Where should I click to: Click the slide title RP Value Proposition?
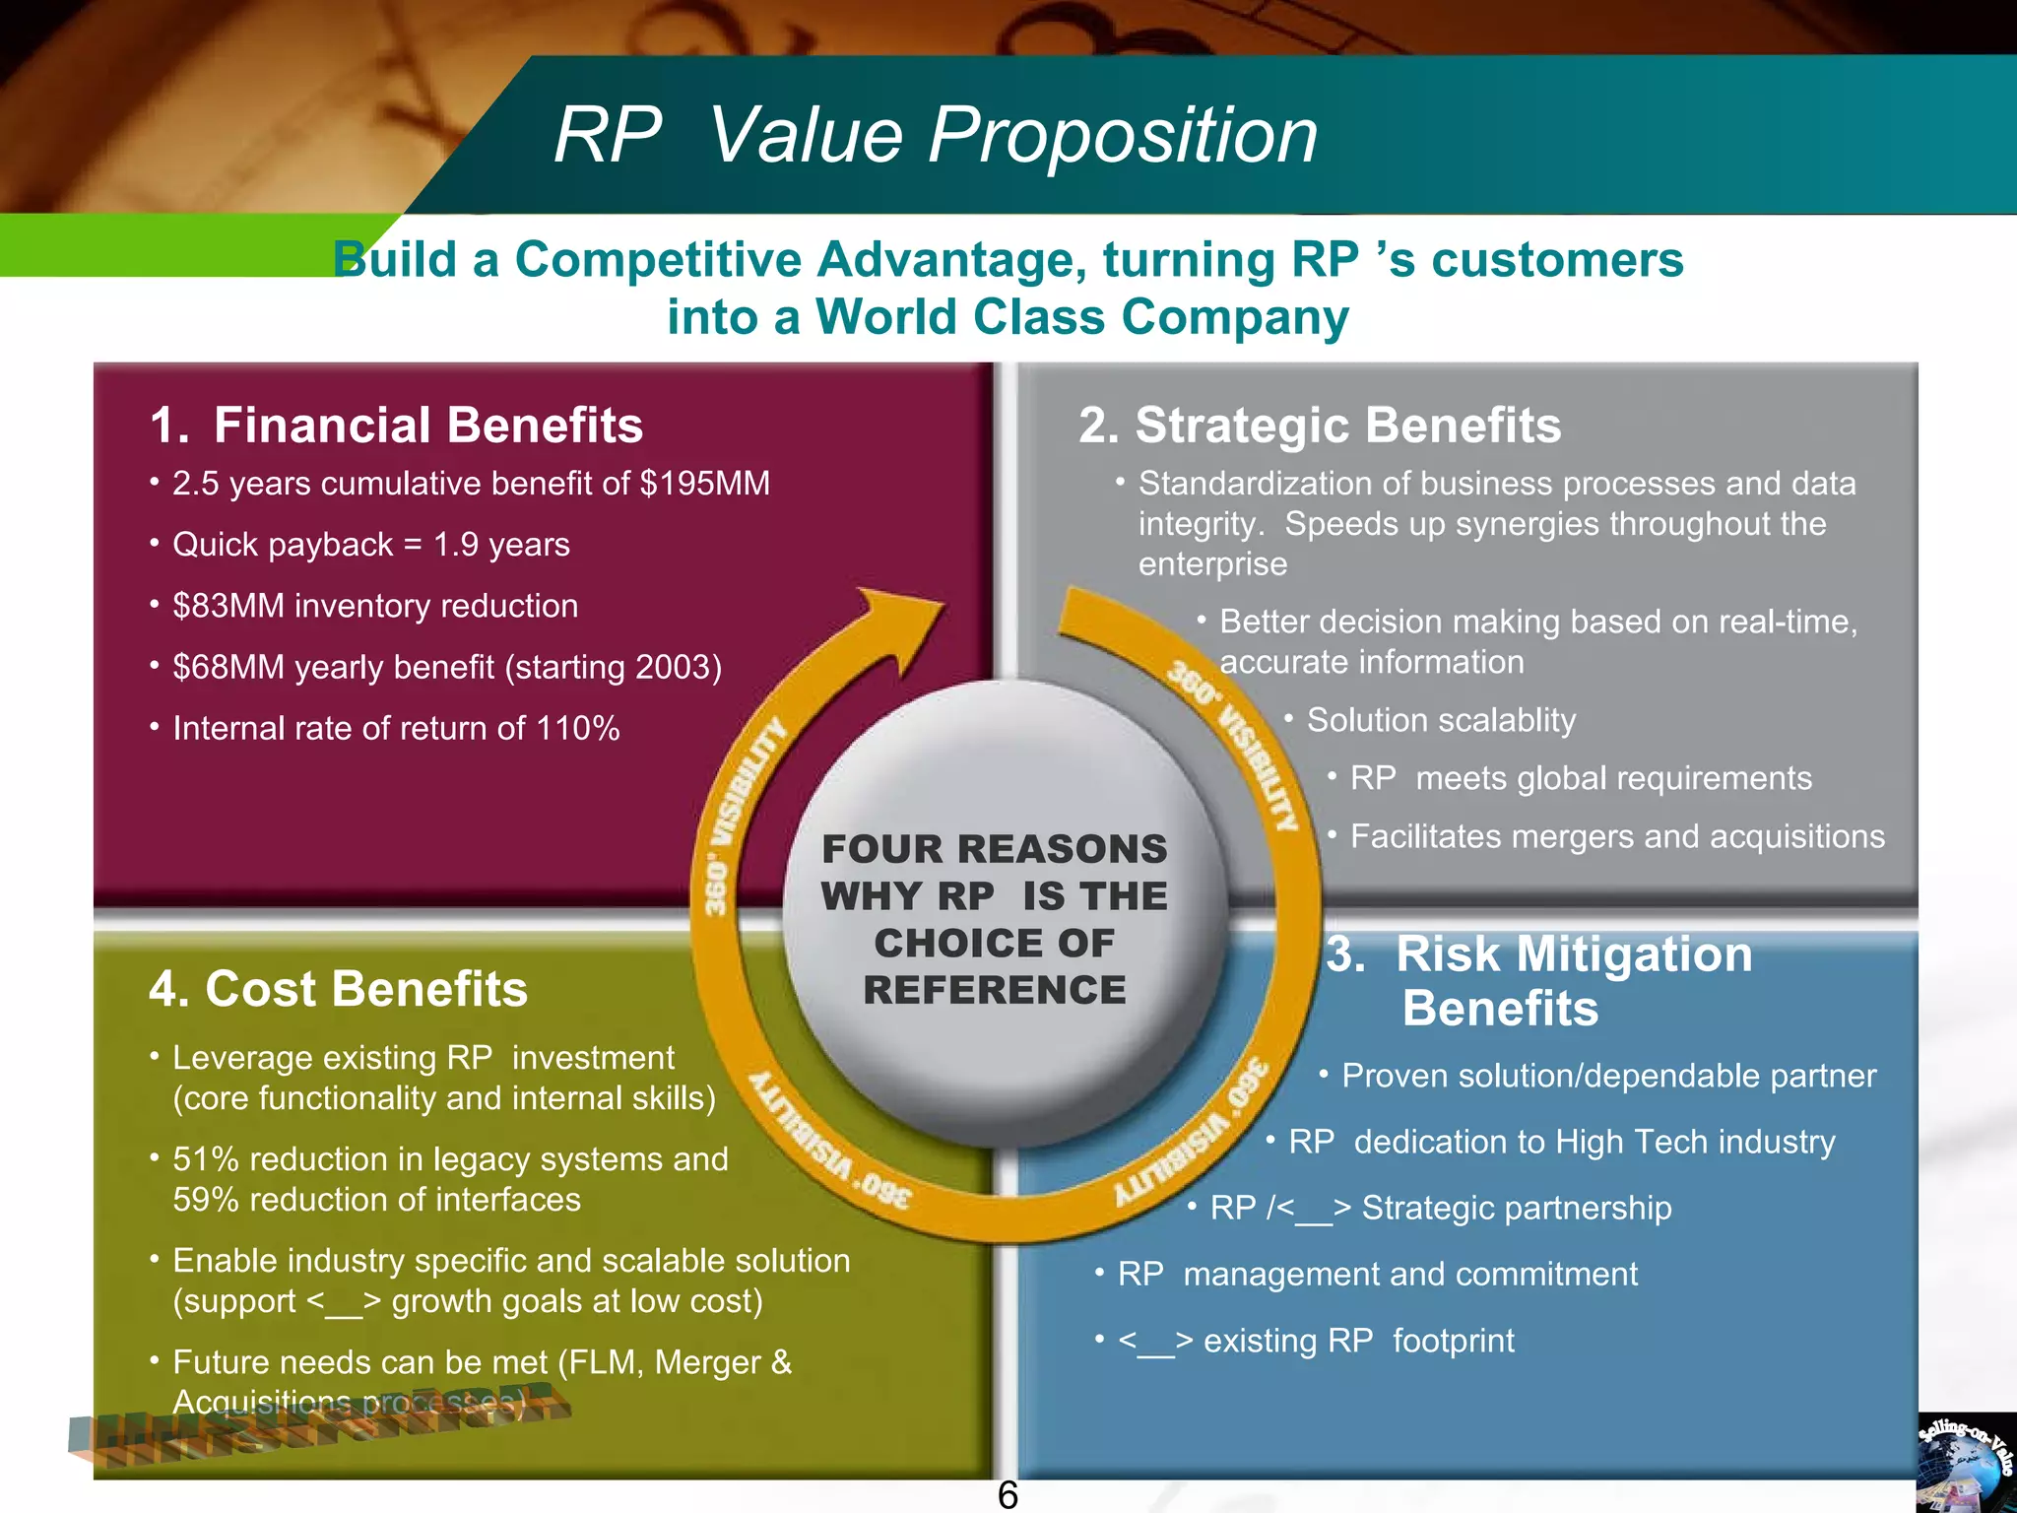click(936, 135)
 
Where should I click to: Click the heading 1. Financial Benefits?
click(396, 426)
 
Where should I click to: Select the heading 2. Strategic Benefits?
click(1320, 426)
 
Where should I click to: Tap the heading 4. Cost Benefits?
click(338, 989)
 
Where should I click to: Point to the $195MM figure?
click(704, 484)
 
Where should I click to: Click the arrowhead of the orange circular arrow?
click(901, 625)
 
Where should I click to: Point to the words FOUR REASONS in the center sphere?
click(995, 849)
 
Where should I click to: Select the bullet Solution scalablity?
click(1441, 720)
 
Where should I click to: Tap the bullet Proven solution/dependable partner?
click(1608, 1076)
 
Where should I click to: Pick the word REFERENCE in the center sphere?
click(995, 990)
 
